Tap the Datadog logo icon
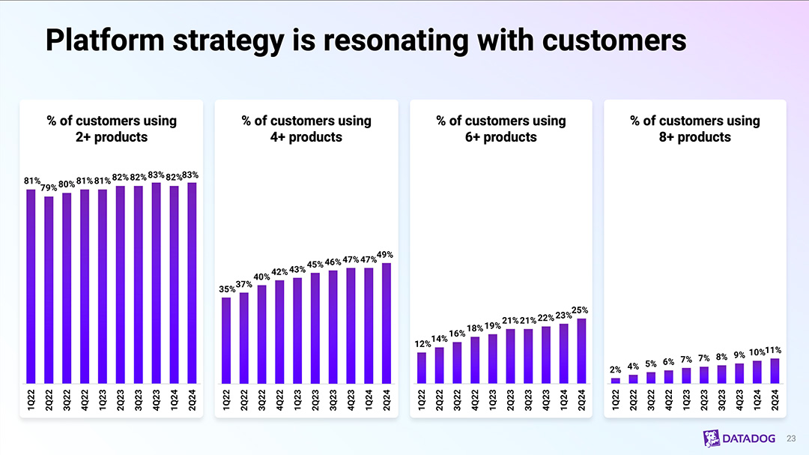[712, 439]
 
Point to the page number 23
[792, 439]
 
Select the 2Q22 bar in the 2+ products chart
[49, 290]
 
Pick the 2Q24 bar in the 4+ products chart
[386, 323]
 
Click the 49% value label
[386, 255]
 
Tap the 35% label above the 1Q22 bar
[226, 289]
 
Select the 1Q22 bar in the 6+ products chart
[422, 367]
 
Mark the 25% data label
[581, 310]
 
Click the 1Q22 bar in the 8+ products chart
[616, 380]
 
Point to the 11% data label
[774, 350]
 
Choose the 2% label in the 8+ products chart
[615, 370]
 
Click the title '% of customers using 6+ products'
[500, 129]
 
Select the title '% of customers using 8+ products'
[694, 129]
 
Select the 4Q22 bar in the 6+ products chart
[475, 360]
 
